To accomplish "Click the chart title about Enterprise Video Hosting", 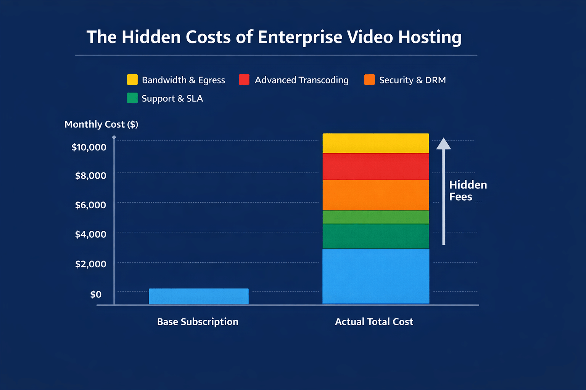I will pyautogui.click(x=274, y=37).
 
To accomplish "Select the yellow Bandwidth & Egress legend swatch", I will pyautogui.click(x=132, y=80).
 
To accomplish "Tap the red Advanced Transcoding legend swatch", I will pyautogui.click(x=244, y=80).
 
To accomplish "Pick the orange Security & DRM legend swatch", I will pyautogui.click(x=369, y=80).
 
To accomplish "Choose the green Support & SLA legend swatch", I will pyautogui.click(x=132, y=98).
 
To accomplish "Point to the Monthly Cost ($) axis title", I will pyautogui.click(x=101, y=124).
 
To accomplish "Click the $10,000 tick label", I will pyautogui.click(x=89, y=147).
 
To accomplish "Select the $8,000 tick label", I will pyautogui.click(x=90, y=176).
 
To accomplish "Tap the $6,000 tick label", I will pyautogui.click(x=90, y=205).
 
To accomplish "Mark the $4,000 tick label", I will pyautogui.click(x=90, y=234).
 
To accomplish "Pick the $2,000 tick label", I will pyautogui.click(x=90, y=264).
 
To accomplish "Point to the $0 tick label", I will pyautogui.click(x=96, y=294).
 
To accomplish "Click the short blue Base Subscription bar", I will pyautogui.click(x=198, y=296).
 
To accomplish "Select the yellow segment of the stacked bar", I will pyautogui.click(x=376, y=143).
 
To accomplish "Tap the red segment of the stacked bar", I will pyautogui.click(x=376, y=166).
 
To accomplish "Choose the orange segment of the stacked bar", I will pyautogui.click(x=376, y=195).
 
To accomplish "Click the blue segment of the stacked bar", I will pyautogui.click(x=376, y=276).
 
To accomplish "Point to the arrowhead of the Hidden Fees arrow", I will pyautogui.click(x=444, y=144).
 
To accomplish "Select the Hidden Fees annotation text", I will pyautogui.click(x=468, y=191).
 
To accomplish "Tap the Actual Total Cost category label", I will pyautogui.click(x=374, y=322).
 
